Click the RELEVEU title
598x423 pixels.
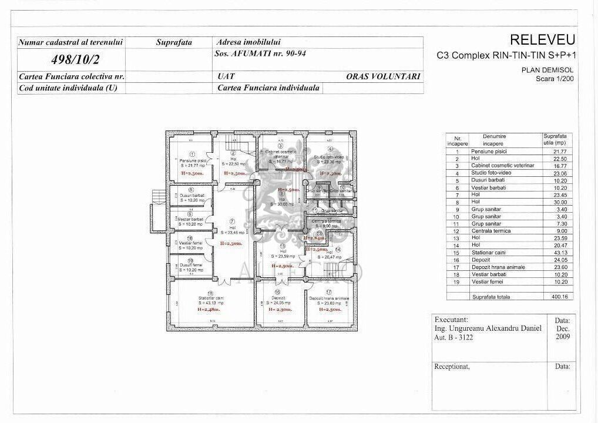542,40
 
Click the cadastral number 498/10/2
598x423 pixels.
72,59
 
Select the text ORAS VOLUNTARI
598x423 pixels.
383,76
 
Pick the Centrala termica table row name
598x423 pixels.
491,231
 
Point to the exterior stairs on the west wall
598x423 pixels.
156,203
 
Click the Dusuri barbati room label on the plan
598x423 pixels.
191,196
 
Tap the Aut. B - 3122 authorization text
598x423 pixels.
453,338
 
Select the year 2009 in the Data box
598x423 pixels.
562,338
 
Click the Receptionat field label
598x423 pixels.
452,366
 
